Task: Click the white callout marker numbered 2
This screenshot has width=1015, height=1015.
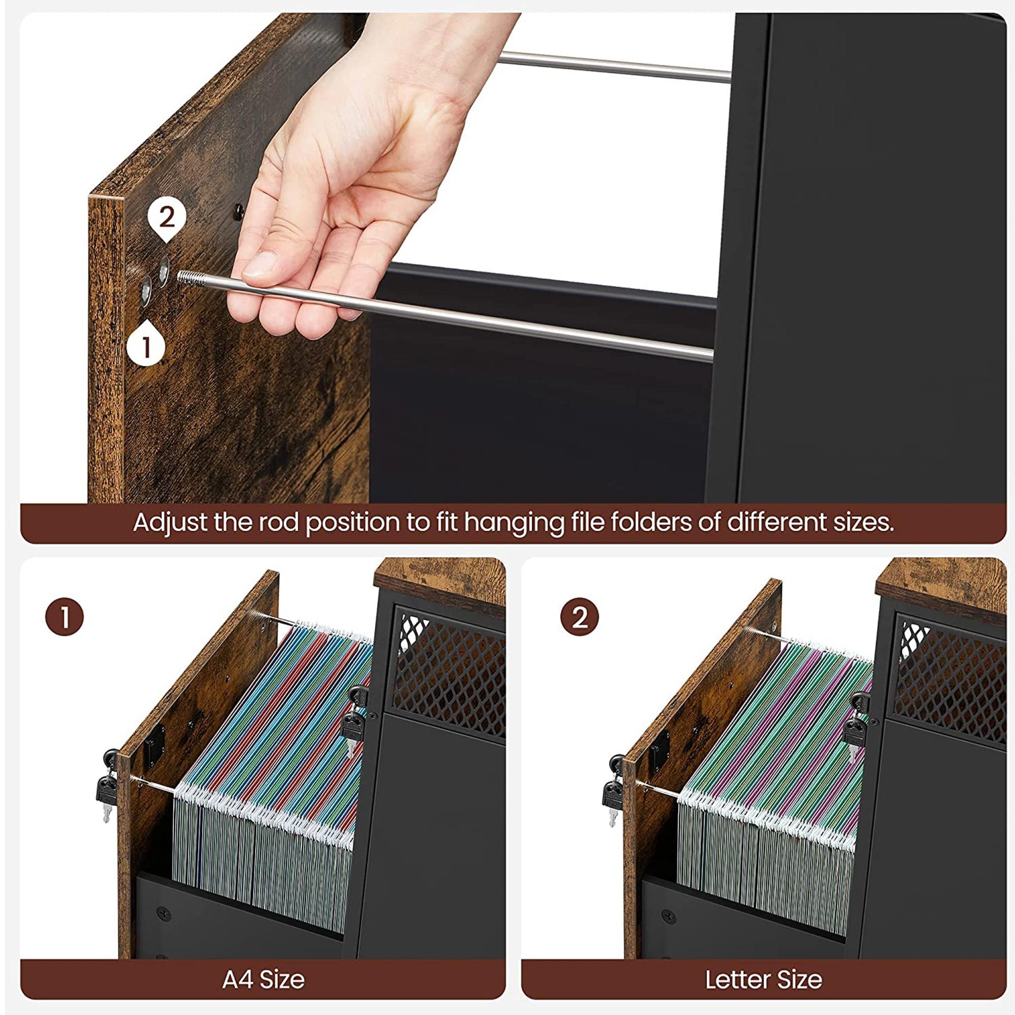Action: coord(166,220)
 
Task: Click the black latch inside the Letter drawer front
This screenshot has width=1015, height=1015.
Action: coord(660,746)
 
